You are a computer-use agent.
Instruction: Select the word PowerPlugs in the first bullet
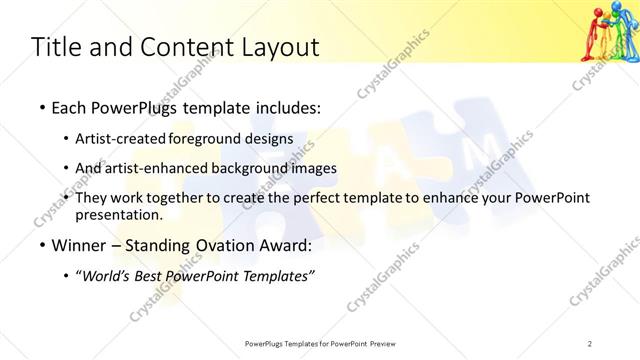click(127, 107)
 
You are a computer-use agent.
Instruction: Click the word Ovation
click(221, 245)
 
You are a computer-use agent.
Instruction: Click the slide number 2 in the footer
click(590, 344)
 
